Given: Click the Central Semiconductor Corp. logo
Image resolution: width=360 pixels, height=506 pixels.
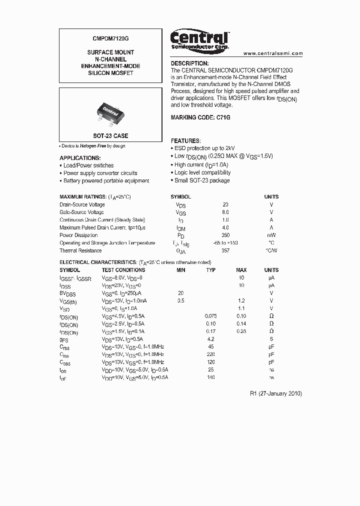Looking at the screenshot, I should click(199, 39).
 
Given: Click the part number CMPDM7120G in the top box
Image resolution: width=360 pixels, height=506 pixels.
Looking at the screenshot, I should click(110, 38).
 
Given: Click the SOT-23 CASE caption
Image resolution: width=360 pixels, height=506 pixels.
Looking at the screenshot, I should click(110, 136).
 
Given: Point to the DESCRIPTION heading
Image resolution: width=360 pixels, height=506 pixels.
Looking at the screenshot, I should click(190, 63).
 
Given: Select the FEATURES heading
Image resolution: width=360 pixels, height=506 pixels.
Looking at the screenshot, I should click(186, 141).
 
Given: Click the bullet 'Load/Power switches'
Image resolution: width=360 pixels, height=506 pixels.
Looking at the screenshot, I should click(88, 165).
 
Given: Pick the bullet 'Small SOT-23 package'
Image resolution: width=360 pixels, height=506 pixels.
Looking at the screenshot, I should click(201, 180).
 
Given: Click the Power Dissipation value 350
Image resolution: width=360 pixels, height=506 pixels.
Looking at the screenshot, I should click(225, 235).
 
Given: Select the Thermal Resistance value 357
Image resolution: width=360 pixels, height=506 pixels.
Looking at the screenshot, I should click(225, 250).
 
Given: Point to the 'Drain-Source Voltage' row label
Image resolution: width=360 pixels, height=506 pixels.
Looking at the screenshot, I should click(82, 204).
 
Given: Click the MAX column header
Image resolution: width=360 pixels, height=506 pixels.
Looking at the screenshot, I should click(241, 270).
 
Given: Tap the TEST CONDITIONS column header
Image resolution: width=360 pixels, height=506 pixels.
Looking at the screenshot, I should click(123, 270).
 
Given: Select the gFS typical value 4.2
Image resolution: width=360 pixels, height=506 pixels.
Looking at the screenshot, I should click(210, 339).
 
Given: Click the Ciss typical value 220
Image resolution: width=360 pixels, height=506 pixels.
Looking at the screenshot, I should click(210, 354).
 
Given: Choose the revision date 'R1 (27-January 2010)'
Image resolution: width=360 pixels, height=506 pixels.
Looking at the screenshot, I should click(275, 393).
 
